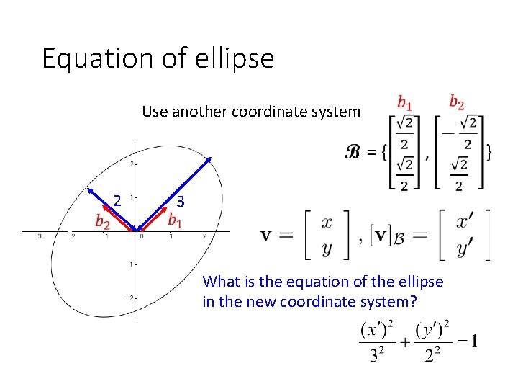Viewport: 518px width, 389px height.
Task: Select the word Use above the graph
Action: tap(154, 112)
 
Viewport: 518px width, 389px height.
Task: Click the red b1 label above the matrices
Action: tap(404, 102)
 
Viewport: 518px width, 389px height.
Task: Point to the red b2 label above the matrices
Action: tap(456, 102)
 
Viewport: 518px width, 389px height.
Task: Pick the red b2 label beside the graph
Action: tap(104, 222)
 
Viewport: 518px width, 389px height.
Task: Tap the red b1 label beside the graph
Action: tap(175, 220)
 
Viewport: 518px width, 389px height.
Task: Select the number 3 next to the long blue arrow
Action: tap(181, 201)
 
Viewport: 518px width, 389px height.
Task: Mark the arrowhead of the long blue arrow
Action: tap(209, 159)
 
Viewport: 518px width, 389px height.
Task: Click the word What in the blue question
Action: tap(219, 282)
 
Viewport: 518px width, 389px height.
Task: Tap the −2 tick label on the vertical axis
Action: tap(130, 298)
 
